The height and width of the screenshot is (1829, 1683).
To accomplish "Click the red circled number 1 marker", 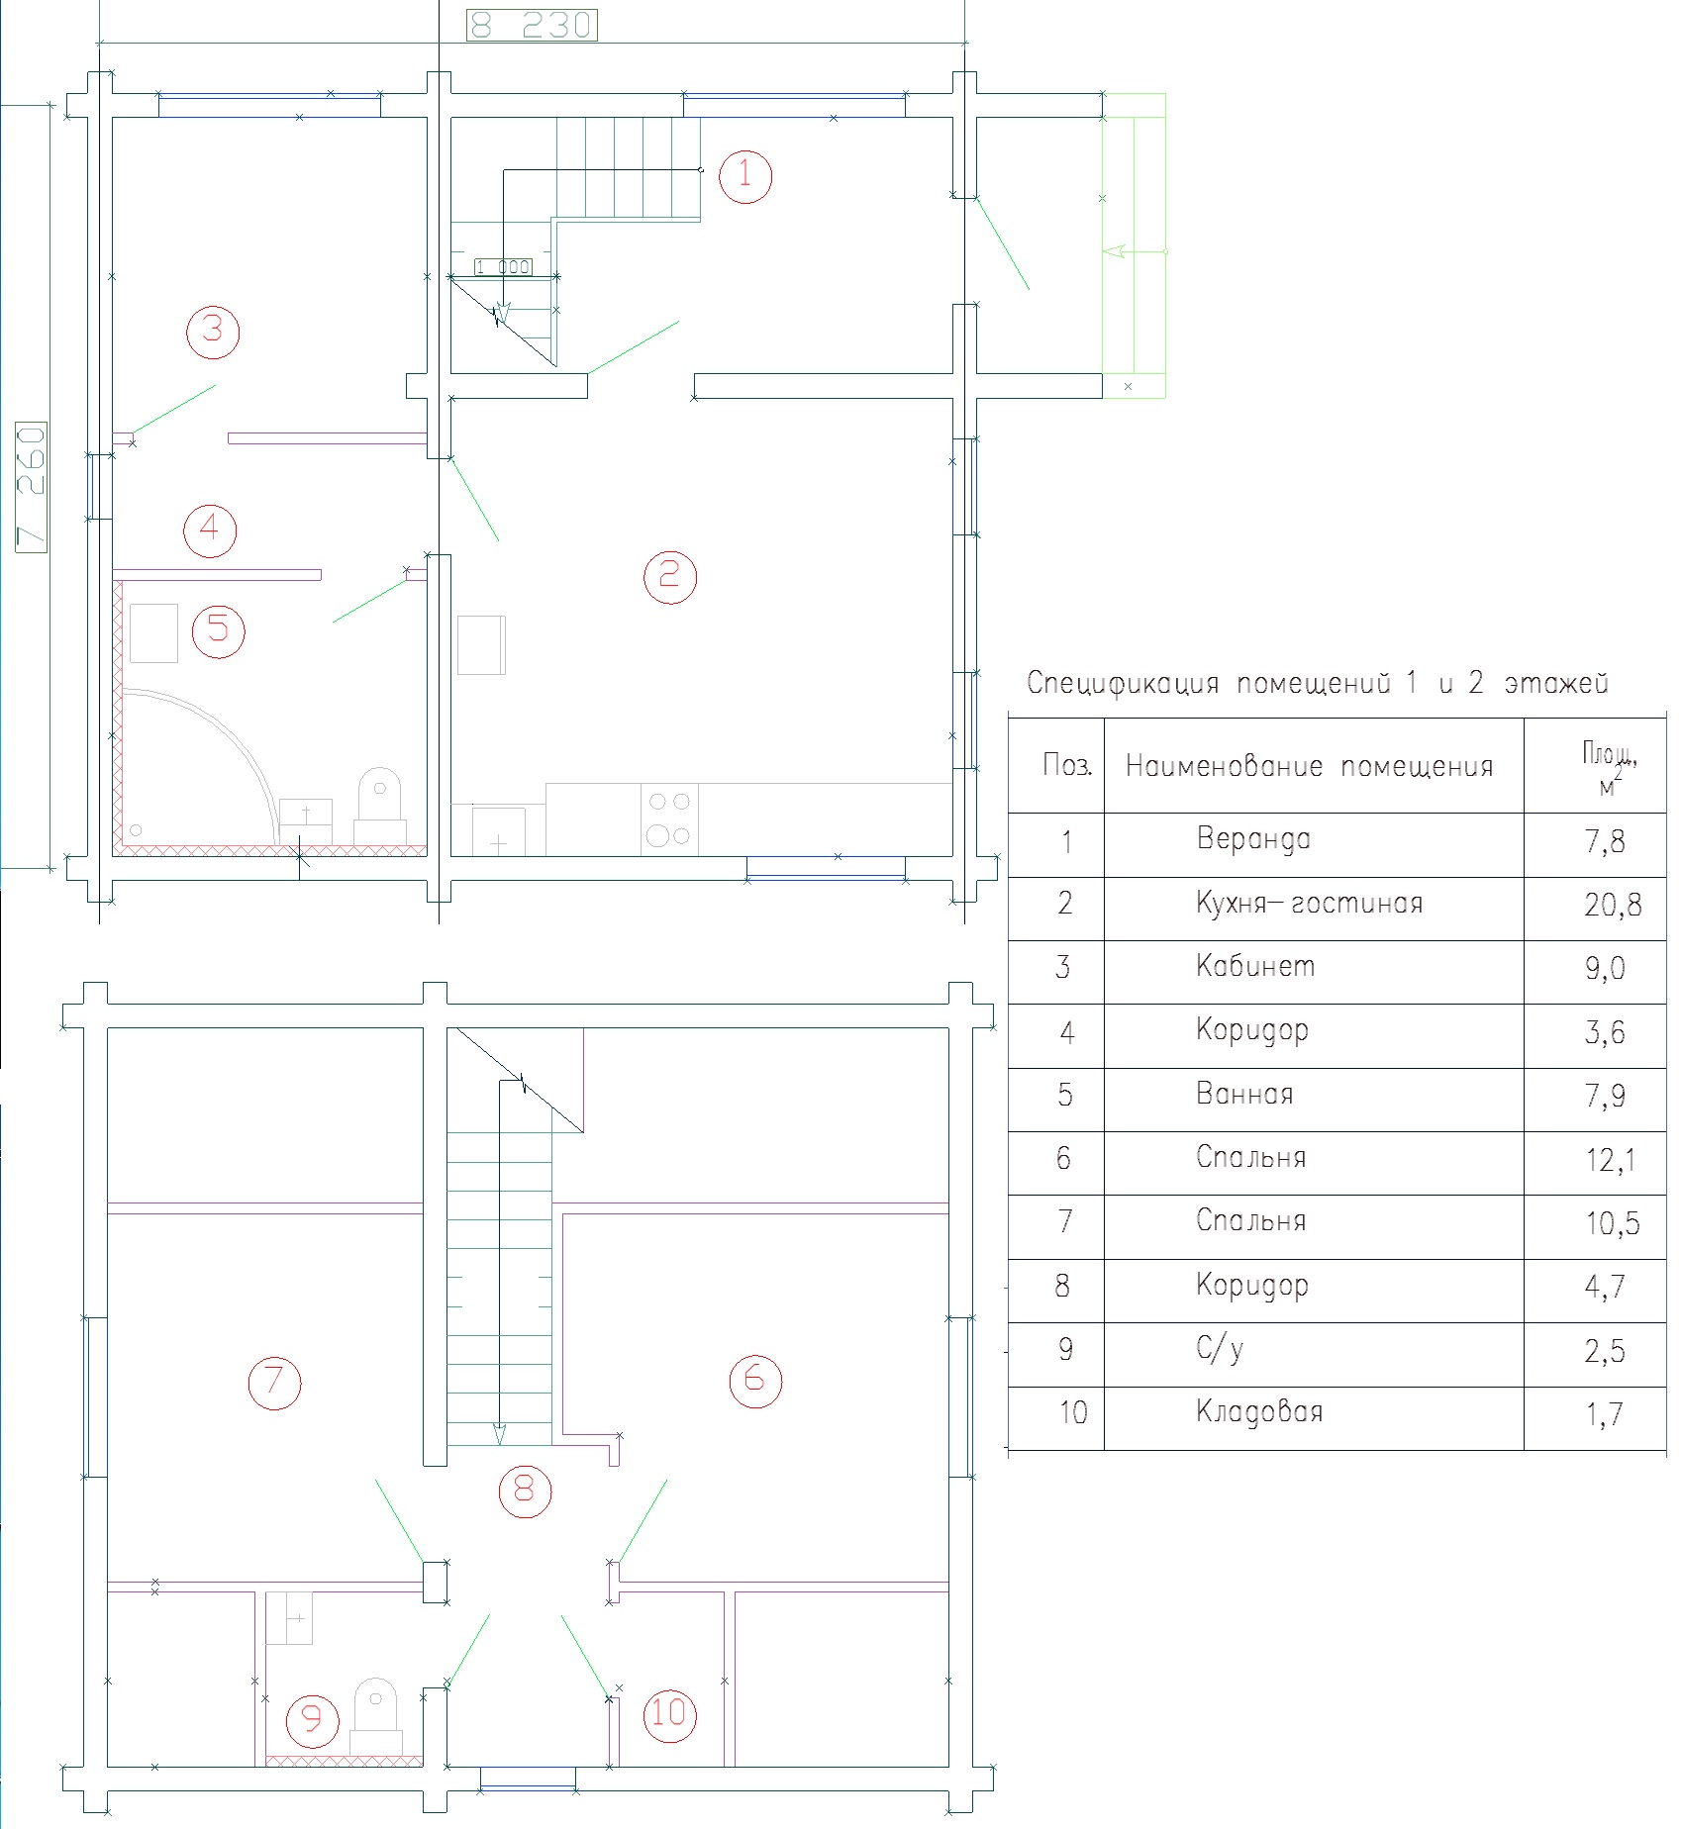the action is click(744, 176).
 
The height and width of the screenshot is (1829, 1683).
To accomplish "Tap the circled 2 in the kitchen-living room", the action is click(670, 577).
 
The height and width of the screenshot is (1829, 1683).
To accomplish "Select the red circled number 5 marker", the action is click(219, 630).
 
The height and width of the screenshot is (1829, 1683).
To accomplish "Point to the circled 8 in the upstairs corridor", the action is click(525, 1491).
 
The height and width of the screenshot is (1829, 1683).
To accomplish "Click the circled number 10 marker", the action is click(670, 1713).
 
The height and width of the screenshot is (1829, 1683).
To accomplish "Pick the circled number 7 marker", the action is click(274, 1383).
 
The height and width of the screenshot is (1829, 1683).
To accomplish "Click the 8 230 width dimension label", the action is click(532, 25).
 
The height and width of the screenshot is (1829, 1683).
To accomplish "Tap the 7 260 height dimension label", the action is click(32, 487).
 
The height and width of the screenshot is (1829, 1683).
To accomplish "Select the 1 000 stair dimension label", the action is click(503, 267).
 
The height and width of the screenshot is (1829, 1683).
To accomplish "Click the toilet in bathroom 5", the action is click(380, 808).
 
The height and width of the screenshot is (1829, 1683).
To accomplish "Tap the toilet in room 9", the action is click(376, 1718).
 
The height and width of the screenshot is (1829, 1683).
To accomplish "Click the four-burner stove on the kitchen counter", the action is click(669, 819).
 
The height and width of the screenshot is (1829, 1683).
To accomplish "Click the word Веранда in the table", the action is click(1253, 839).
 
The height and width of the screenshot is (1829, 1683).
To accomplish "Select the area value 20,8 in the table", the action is click(1612, 904).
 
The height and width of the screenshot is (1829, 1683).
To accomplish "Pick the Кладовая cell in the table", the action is click(1259, 1411).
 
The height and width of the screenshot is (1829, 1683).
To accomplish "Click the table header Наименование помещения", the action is click(1309, 766).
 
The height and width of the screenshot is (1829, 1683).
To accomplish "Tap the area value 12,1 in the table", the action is click(1611, 1159).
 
